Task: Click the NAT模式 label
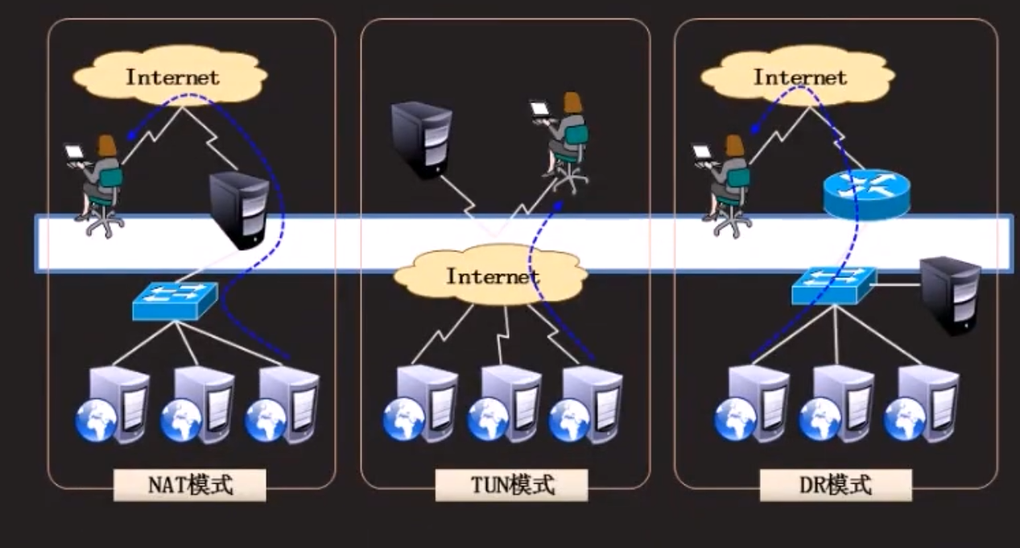(x=190, y=485)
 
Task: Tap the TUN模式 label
(x=512, y=485)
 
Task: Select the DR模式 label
(x=836, y=485)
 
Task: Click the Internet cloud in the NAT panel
(x=171, y=78)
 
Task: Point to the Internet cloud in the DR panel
(x=799, y=78)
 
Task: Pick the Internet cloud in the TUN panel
(x=491, y=276)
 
